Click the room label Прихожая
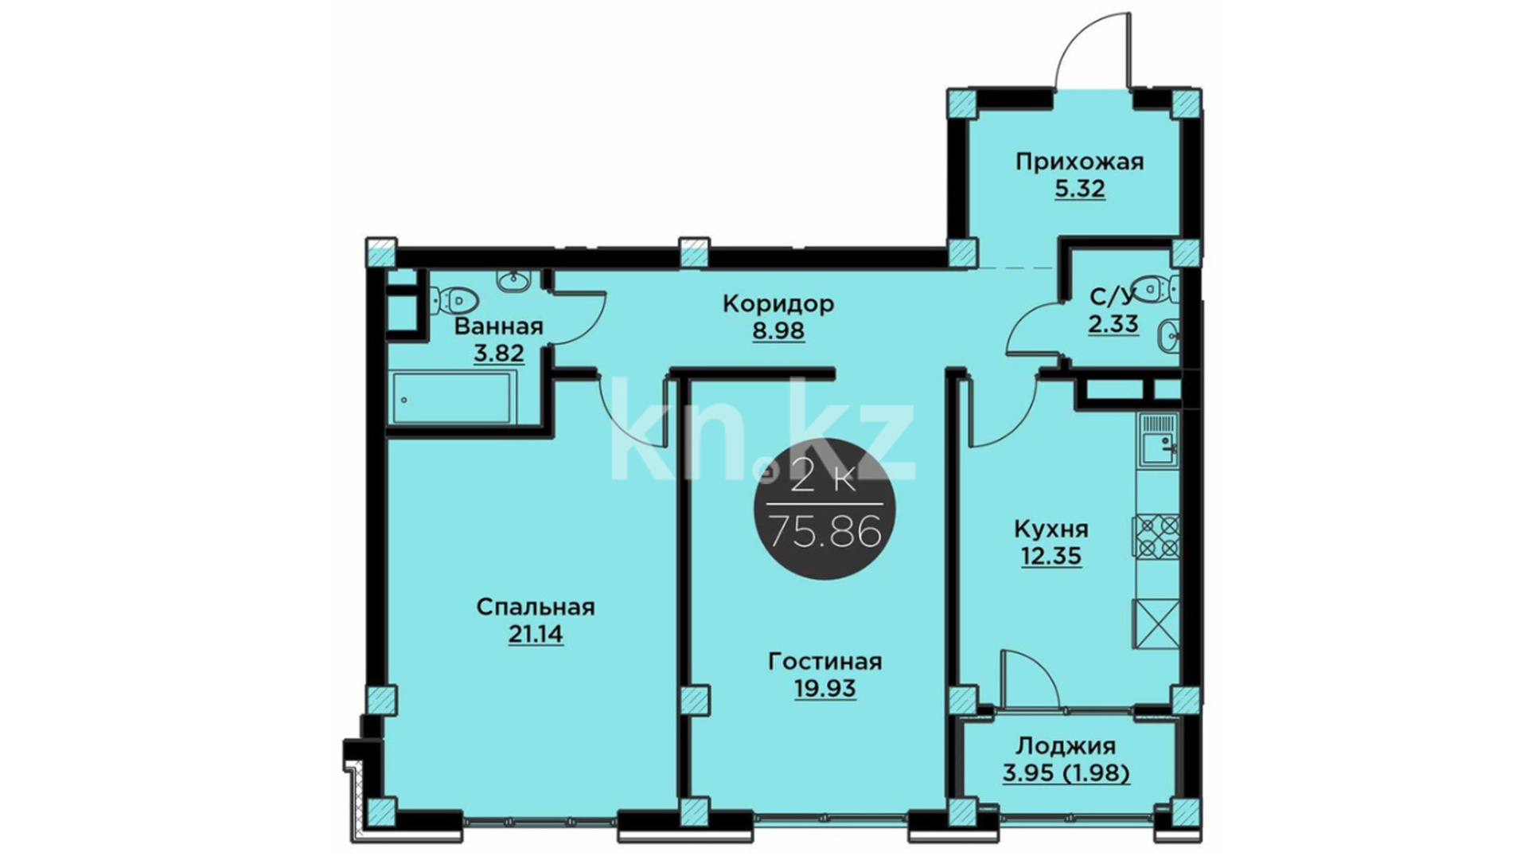coord(1079,162)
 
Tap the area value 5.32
coord(1080,190)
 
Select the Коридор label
coord(778,303)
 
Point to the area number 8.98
coord(778,330)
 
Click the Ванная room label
coord(499,326)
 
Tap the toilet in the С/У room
coord(1157,288)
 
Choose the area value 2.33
coord(1113,325)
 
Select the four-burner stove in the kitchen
coord(1156,537)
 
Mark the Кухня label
coord(1050,530)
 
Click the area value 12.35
coord(1051,556)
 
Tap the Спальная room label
coord(536,608)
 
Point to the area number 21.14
coord(536,635)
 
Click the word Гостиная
coord(825,662)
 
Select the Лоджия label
coord(1066,747)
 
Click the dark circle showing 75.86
coord(824,508)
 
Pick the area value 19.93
coord(825,688)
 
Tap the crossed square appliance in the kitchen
coord(1156,623)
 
